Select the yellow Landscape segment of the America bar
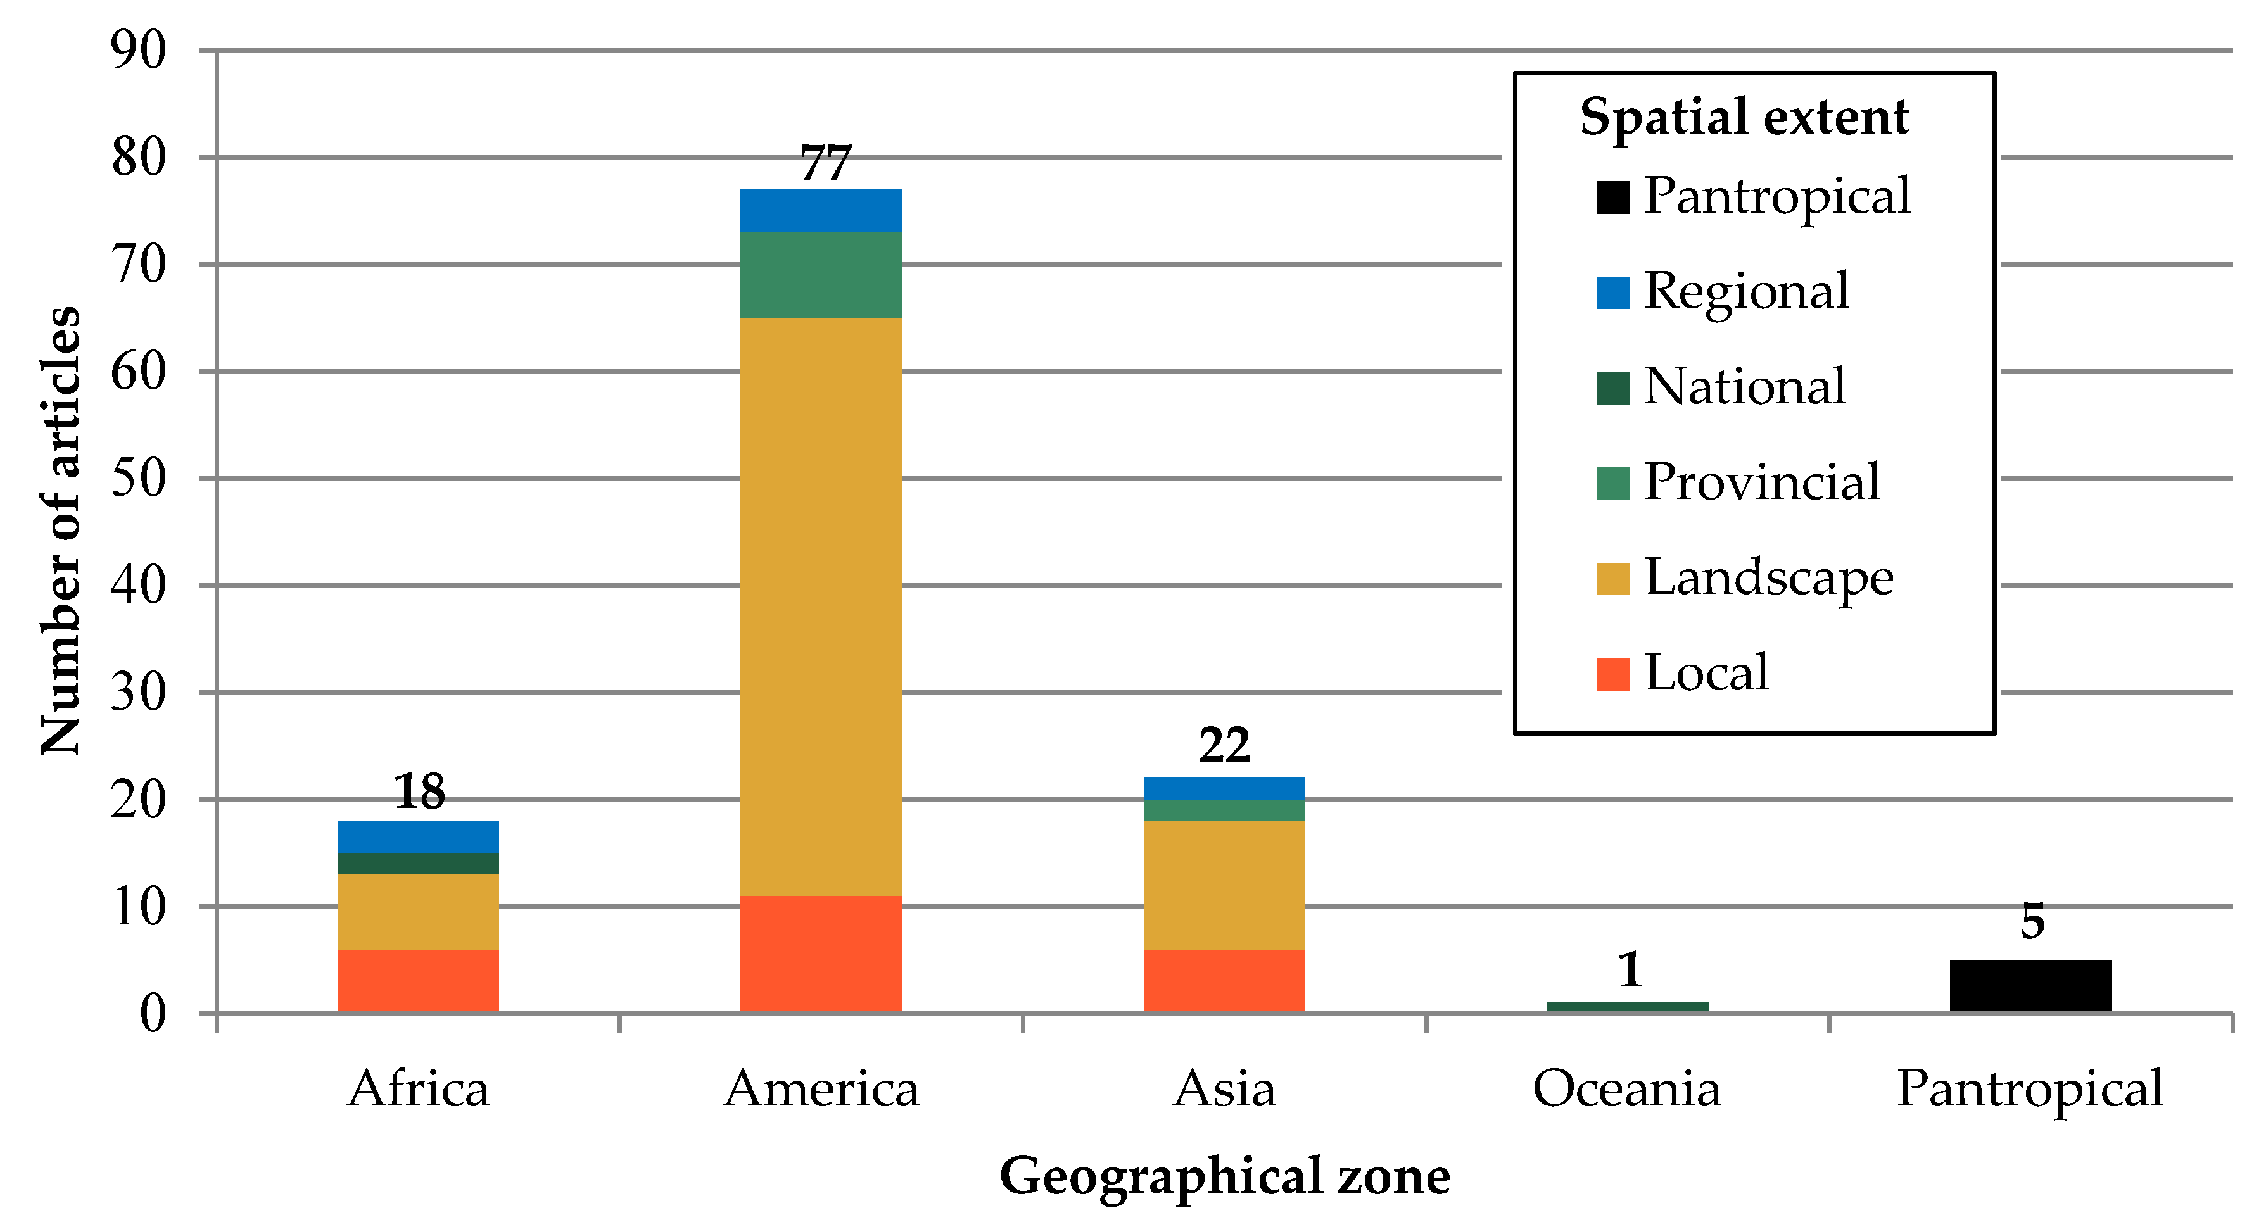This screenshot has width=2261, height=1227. point(821,606)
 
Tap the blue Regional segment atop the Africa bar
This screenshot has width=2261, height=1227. point(418,836)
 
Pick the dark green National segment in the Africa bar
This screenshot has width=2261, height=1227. point(418,864)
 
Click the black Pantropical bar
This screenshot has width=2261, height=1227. point(2030,986)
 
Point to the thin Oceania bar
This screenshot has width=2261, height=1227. point(1627,1007)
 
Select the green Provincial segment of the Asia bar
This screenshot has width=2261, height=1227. point(1224,810)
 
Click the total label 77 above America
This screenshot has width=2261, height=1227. point(825,163)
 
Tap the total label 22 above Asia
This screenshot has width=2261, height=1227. point(1224,745)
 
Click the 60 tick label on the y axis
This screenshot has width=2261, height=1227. point(138,372)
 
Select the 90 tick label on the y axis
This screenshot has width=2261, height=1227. point(138,50)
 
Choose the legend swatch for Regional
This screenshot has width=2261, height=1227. point(1613,293)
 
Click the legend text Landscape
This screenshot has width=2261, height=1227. point(1769,579)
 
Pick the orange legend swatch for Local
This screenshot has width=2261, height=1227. point(1613,674)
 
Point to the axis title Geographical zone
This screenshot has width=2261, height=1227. point(1224,1176)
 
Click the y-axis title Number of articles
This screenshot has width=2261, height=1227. point(61,531)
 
